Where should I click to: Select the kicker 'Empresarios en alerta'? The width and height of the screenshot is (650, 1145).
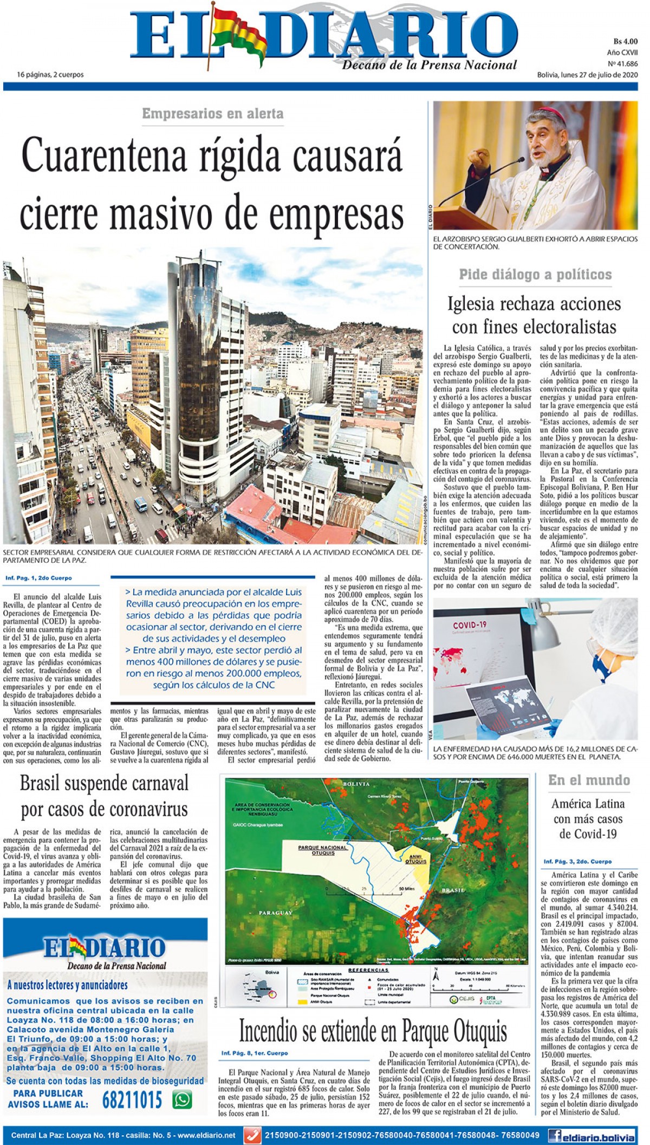(x=213, y=114)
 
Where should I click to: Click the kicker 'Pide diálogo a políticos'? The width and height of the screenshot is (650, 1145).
(x=535, y=275)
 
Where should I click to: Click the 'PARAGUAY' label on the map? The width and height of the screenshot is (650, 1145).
(x=276, y=913)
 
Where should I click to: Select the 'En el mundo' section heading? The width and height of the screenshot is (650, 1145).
(x=589, y=780)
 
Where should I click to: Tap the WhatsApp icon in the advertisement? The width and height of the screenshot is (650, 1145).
(x=182, y=1100)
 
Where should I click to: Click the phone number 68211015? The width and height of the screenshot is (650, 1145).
(x=132, y=1100)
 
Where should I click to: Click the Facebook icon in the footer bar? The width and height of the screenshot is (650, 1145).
(x=554, y=1135)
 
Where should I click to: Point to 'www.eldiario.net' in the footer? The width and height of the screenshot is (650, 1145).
(x=207, y=1135)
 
